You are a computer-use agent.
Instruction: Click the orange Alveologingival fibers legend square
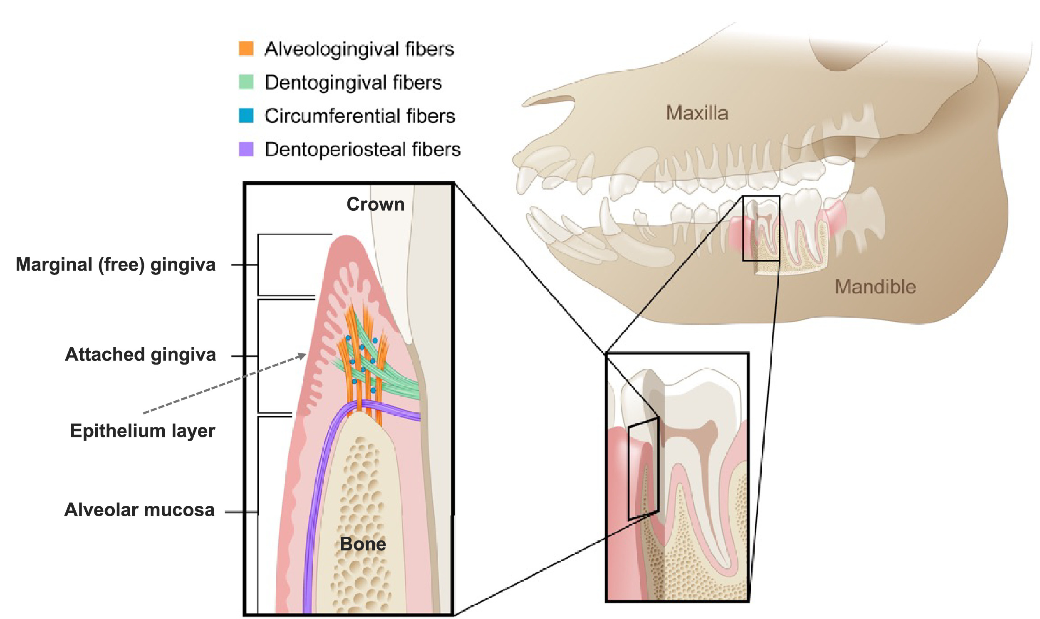click(x=246, y=48)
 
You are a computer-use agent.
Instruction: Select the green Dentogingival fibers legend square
click(x=246, y=82)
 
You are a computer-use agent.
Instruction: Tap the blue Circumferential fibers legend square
click(x=246, y=116)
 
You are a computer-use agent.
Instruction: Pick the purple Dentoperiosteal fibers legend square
click(x=246, y=149)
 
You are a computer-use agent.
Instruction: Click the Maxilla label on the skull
click(x=696, y=113)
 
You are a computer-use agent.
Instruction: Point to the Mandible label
click(x=875, y=287)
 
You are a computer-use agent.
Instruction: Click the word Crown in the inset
click(x=375, y=205)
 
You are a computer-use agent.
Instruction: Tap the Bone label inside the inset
click(x=363, y=544)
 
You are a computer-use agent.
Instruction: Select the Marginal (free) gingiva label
click(x=116, y=264)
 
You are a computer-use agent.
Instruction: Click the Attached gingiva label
click(x=140, y=355)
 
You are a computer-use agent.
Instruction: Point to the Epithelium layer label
click(x=142, y=431)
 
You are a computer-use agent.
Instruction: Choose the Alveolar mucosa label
click(x=139, y=510)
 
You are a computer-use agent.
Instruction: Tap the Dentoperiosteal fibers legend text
click(x=362, y=149)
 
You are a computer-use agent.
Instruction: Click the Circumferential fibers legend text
click(x=359, y=116)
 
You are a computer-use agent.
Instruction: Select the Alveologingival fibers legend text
click(x=359, y=49)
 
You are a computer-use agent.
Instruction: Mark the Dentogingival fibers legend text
click(x=353, y=82)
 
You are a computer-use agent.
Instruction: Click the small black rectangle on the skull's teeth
click(x=761, y=228)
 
